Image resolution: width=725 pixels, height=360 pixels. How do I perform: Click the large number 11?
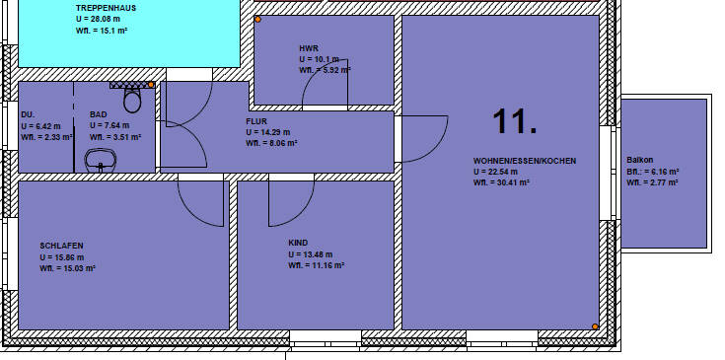coord(515,122)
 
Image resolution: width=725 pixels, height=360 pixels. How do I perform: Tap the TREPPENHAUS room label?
coord(108,7)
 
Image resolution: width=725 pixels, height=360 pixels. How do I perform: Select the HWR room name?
coord(309,48)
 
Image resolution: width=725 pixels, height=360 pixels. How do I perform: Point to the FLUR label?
coord(256,121)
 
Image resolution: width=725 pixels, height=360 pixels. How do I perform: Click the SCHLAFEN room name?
coord(61,246)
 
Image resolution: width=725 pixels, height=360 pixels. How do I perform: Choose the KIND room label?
coord(298,243)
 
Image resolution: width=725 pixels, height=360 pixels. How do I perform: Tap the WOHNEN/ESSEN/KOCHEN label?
coord(524,160)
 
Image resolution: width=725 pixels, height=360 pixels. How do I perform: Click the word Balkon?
coord(640,160)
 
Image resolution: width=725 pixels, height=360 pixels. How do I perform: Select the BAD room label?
coord(99,114)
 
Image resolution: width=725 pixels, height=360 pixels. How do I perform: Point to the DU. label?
coord(28,114)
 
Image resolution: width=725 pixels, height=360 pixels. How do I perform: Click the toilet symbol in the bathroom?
coord(132,100)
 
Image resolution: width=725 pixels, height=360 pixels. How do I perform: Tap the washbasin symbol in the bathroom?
coord(100,161)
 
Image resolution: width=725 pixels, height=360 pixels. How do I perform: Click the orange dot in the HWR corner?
coord(257,20)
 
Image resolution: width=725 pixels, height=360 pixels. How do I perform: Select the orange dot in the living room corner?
coord(595,326)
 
